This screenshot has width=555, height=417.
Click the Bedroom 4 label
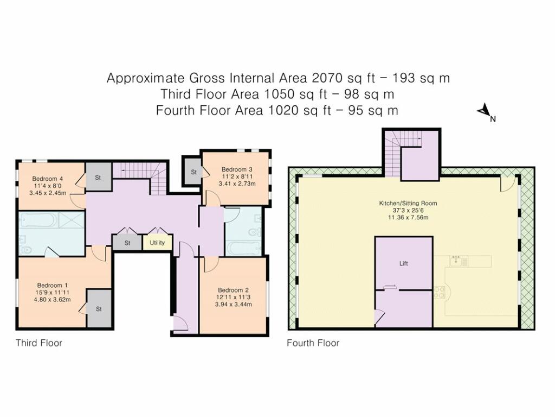[48, 179]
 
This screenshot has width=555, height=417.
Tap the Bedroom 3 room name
[237, 169]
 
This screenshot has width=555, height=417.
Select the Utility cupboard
[157, 243]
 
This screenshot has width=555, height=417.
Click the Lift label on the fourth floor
[403, 263]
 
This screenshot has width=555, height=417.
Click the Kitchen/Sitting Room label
[408, 204]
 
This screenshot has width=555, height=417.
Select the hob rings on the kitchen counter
[439, 292]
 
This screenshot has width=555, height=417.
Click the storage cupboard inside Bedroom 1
[99, 308]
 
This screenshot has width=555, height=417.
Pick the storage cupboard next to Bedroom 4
[99, 177]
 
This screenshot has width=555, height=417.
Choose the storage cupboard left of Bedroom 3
[193, 172]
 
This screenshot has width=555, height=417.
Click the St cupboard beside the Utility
[127, 243]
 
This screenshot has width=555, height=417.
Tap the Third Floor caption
[39, 343]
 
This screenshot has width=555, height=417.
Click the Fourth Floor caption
[313, 343]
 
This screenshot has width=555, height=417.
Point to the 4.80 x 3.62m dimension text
[52, 300]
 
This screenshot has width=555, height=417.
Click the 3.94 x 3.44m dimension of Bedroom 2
[233, 304]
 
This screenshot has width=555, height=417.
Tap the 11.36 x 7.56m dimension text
[408, 217]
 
